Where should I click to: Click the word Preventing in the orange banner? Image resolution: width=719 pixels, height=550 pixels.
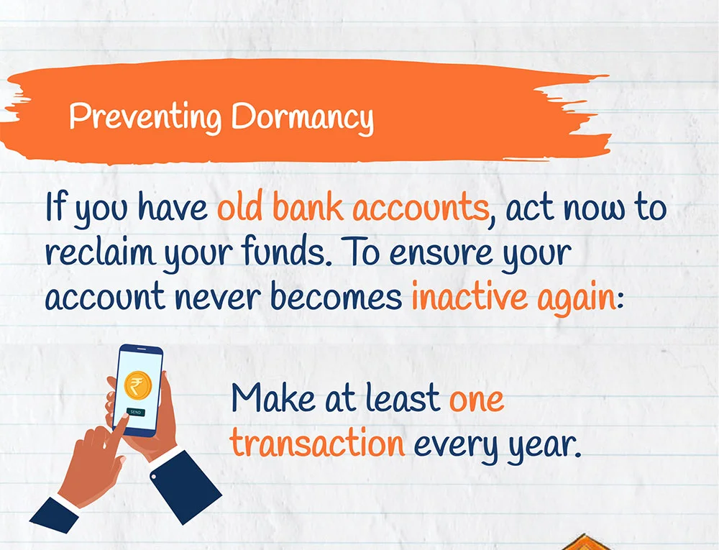coord(145,116)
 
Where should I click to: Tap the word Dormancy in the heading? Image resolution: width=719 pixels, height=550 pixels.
coord(302,117)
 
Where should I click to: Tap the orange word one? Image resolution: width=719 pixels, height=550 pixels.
coord(476,400)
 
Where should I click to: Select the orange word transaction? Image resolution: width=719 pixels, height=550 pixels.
coord(317,443)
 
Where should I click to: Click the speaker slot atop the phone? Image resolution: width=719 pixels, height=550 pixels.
coord(142,349)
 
